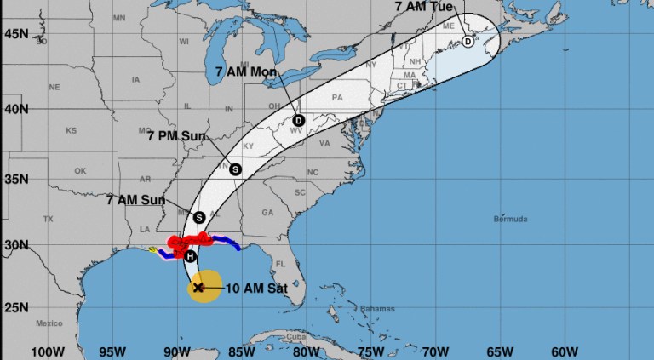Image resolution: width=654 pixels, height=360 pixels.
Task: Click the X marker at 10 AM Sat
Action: pyautogui.click(x=198, y=288)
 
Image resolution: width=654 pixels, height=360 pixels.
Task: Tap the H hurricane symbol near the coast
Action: pyautogui.click(x=190, y=255)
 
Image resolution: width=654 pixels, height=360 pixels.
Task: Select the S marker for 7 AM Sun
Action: pyautogui.click(x=198, y=217)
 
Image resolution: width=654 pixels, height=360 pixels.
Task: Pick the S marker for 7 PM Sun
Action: pyautogui.click(x=235, y=169)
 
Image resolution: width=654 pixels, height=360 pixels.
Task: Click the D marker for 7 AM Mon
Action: pyautogui.click(x=298, y=120)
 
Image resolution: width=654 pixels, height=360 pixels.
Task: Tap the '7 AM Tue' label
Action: pyautogui.click(x=424, y=6)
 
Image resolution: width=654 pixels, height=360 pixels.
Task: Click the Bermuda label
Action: pyautogui.click(x=511, y=219)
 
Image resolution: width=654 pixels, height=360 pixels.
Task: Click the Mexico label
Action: pyautogui.click(x=51, y=324)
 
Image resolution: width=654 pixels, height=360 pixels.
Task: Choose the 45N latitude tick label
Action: pyautogui.click(x=14, y=33)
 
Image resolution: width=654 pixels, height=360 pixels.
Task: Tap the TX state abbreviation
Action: pyautogui.click(x=48, y=219)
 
